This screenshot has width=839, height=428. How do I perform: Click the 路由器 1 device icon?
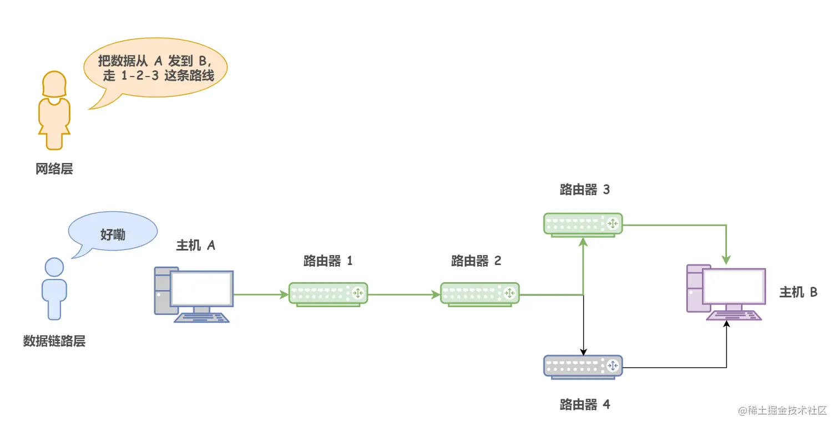327,293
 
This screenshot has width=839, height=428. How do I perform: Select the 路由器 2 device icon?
479,293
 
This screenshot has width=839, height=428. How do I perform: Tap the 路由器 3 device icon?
583,223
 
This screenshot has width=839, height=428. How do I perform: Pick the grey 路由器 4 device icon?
583,366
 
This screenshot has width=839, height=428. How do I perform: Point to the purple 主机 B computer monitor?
734,286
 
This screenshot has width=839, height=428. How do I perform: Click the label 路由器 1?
327,261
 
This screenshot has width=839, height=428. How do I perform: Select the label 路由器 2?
476,261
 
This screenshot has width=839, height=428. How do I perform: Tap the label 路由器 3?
585,190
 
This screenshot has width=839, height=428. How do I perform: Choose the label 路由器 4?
585,405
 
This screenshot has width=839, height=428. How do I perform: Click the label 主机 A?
195,245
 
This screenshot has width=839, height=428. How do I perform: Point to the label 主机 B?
798,292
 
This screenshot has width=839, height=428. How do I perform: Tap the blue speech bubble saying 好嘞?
113,234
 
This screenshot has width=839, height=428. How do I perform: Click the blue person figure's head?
54,268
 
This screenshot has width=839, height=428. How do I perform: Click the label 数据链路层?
54,341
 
